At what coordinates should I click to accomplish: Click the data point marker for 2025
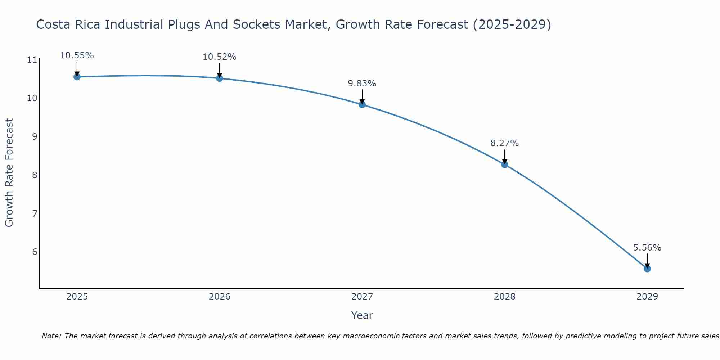point(77,77)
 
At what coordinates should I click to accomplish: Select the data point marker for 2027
point(362,104)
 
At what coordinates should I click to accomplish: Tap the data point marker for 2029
point(647,269)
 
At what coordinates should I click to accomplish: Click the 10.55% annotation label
point(77,55)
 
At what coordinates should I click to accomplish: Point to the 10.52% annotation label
point(219,57)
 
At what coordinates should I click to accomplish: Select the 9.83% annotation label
point(362,84)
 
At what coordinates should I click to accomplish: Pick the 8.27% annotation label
point(504,143)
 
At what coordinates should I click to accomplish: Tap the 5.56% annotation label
point(647,248)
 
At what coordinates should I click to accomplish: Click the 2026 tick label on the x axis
point(220,297)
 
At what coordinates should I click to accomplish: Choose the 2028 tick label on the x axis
point(504,297)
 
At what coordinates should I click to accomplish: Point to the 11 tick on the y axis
point(32,60)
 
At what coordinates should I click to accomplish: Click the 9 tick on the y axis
point(35,136)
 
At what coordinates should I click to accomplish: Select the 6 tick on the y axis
point(35,252)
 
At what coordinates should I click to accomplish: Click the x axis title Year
point(362,315)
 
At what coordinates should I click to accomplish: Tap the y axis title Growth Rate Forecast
point(9,172)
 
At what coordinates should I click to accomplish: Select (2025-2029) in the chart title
point(512,24)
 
